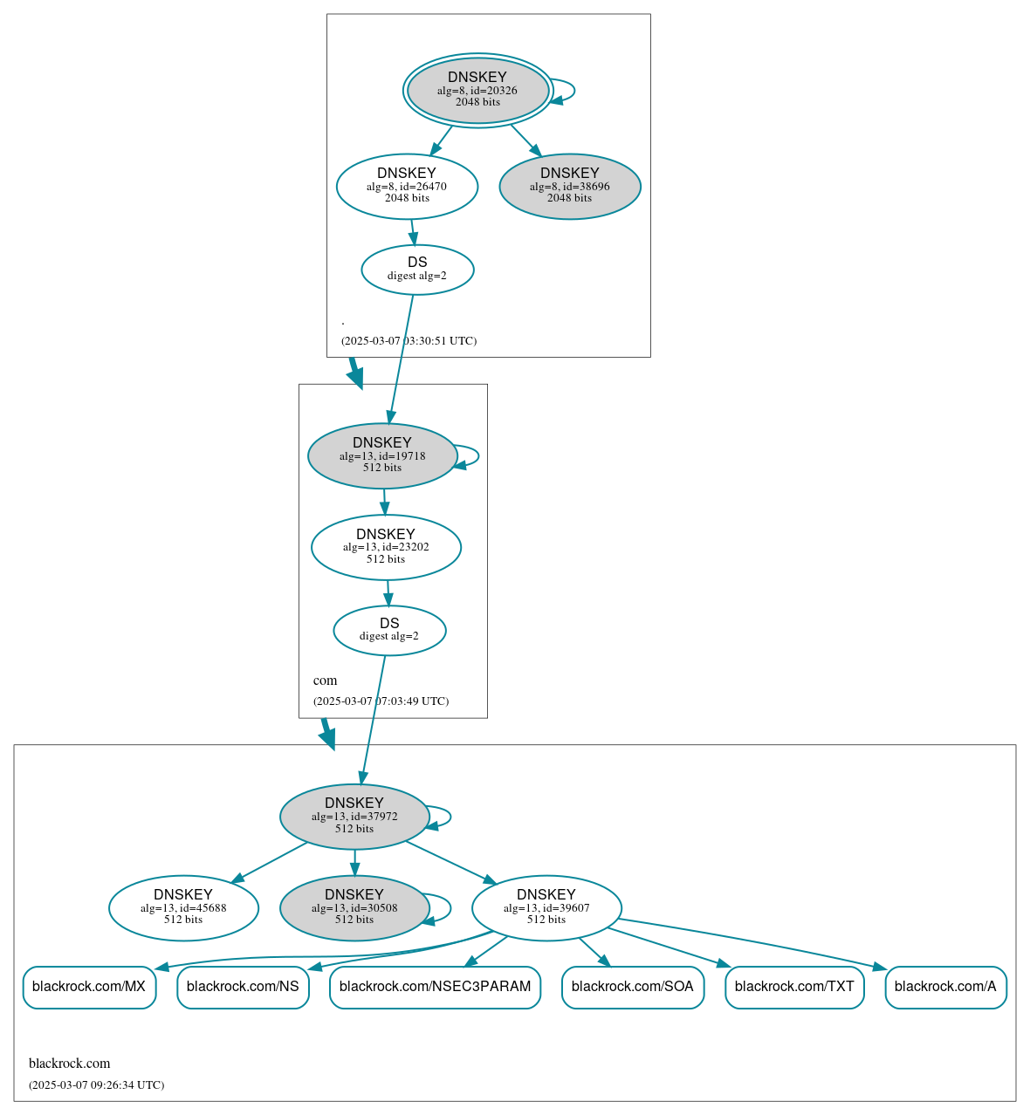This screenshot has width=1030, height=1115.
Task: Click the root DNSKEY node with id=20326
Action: tap(477, 90)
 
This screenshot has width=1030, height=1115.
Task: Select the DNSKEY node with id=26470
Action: tap(407, 186)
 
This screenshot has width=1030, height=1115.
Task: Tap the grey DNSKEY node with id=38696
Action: tap(570, 186)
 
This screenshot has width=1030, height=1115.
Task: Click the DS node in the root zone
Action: tap(417, 270)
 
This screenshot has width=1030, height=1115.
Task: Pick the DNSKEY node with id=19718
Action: tap(382, 455)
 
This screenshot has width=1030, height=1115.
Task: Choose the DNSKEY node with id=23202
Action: tap(386, 547)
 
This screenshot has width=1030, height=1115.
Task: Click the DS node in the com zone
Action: tap(389, 630)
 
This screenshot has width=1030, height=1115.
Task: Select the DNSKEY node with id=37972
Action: tap(354, 817)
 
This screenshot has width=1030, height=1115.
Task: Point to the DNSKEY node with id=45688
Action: tap(183, 908)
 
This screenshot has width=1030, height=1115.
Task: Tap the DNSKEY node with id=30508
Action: tap(354, 908)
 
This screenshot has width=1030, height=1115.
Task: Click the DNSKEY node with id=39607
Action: tap(546, 908)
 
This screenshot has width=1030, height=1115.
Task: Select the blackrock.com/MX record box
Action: tap(89, 987)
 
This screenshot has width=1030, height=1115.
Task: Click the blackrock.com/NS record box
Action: tap(243, 987)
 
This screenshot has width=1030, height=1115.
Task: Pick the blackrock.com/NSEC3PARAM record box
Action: tap(435, 987)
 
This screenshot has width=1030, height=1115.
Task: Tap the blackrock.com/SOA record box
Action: tap(633, 987)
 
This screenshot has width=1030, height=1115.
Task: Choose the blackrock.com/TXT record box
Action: tap(794, 987)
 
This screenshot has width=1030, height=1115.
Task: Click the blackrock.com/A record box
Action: tap(945, 987)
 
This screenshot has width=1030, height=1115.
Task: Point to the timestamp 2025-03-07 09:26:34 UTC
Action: tap(96, 1085)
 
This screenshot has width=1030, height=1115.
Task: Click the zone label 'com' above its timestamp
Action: tap(325, 681)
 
